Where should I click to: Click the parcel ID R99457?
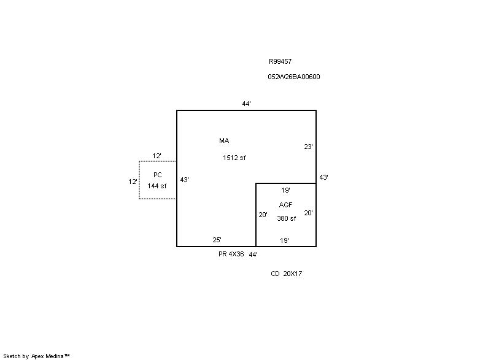click(280, 61)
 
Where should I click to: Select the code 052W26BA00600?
click(294, 77)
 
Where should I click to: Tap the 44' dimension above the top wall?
click(247, 104)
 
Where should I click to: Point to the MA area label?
click(224, 140)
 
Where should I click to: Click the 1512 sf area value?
click(234, 158)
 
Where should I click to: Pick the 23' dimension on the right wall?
click(308, 147)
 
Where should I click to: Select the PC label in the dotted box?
click(158, 175)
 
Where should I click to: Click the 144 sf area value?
click(157, 186)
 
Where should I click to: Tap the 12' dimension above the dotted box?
click(157, 156)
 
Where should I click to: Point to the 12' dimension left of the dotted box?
click(133, 182)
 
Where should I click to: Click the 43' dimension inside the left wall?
click(184, 180)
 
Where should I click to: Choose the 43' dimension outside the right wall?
click(323, 177)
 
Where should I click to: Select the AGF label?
click(285, 205)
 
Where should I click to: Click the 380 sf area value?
click(286, 218)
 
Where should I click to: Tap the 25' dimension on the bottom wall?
click(217, 240)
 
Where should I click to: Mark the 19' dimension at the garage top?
click(285, 190)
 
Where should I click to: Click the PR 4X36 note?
click(231, 254)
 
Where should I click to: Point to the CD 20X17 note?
click(286, 274)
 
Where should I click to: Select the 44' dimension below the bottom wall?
click(253, 255)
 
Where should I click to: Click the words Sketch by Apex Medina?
click(36, 356)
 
